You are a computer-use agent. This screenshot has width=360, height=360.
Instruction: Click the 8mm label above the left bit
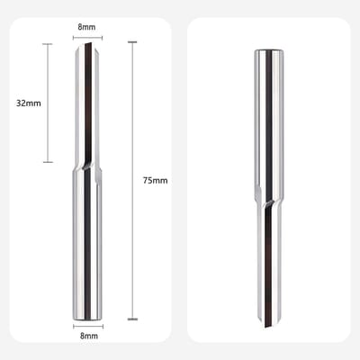pyautogui.click(x=86, y=27)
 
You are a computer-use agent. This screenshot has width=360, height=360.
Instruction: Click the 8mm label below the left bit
pyautogui.click(x=89, y=336)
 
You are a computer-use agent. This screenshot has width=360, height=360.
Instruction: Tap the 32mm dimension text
pyautogui.click(x=29, y=103)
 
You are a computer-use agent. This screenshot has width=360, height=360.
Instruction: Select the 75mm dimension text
pyautogui.click(x=155, y=181)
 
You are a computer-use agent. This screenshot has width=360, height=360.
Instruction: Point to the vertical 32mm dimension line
pyautogui.click(x=48, y=103)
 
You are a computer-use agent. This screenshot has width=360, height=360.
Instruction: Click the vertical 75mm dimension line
pyautogui.click(x=132, y=181)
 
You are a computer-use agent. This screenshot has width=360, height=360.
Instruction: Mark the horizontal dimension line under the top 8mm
pyautogui.click(x=87, y=38)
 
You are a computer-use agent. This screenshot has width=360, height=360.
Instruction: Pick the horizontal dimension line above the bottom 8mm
pyautogui.click(x=88, y=327)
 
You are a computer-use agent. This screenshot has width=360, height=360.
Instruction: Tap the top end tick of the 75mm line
pyautogui.click(x=132, y=42)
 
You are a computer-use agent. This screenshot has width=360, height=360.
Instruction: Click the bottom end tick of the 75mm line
pyautogui.click(x=132, y=319)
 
